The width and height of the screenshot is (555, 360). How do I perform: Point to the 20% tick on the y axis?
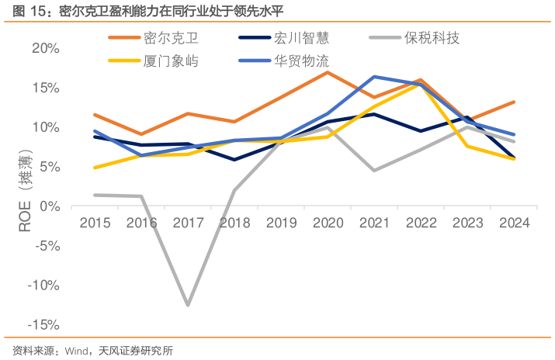coord(46,48)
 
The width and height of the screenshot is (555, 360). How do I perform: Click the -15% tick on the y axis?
coord(43,324)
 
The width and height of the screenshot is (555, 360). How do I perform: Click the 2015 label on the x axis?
coord(94,223)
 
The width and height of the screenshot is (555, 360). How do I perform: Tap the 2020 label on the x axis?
coord(328,223)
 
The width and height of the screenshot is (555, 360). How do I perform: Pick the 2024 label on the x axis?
coord(514,223)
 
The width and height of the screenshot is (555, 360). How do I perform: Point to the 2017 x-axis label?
coord(187,223)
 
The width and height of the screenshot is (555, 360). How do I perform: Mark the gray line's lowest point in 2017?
coord(187,305)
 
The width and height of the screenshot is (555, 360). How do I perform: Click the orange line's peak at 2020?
coord(328,72)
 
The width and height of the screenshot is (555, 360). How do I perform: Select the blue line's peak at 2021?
coord(374,77)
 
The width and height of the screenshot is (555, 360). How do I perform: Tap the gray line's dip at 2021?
coord(374,171)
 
